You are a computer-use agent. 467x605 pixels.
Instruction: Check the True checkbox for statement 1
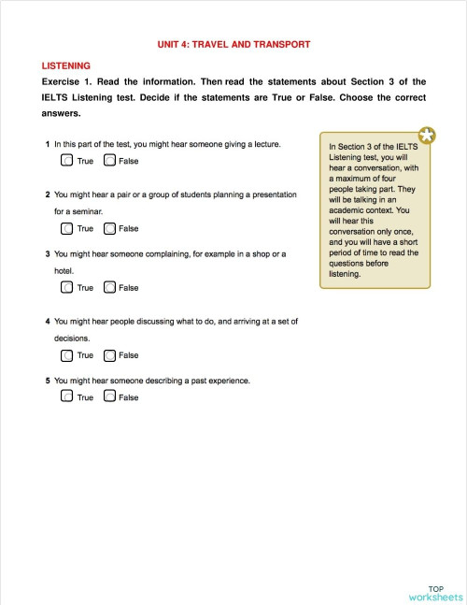(66, 161)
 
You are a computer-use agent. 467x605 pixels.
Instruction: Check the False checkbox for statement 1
(110, 161)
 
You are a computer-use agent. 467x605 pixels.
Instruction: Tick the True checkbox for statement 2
(66, 228)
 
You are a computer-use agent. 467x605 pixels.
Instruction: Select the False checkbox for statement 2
(110, 228)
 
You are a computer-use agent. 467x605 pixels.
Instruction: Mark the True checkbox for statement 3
(66, 287)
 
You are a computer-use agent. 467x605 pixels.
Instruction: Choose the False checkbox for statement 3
(110, 287)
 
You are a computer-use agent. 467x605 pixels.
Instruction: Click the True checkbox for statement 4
(66, 355)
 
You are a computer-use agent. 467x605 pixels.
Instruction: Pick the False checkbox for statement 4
(110, 355)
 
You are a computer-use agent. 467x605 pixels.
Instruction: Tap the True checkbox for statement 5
(66, 396)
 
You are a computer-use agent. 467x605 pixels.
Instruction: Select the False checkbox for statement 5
(110, 396)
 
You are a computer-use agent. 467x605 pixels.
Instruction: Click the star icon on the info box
(426, 136)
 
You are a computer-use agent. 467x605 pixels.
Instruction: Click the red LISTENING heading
(66, 65)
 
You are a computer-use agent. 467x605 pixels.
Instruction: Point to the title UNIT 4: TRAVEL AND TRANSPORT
(233, 44)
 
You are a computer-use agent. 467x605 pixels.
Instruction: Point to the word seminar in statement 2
(86, 211)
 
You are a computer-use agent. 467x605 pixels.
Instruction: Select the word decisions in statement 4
(71, 338)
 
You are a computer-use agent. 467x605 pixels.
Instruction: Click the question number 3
(47, 253)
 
